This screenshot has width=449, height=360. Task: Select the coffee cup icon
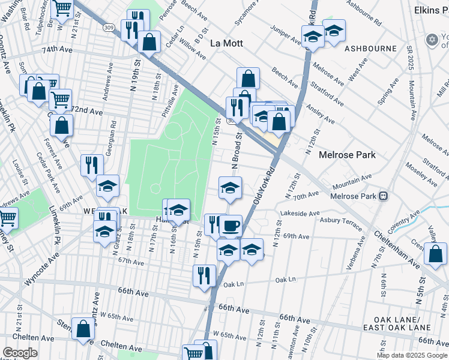(x=231, y=226)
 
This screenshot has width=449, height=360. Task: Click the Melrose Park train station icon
(x=382, y=196)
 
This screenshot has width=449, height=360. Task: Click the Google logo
(x=20, y=353)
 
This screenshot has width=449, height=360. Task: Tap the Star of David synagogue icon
(x=430, y=40)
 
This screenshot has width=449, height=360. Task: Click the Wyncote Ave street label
(x=42, y=272)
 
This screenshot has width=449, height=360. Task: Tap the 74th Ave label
(x=56, y=52)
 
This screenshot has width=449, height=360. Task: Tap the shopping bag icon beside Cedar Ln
(x=149, y=43)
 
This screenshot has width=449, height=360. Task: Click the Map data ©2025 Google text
(x=411, y=355)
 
